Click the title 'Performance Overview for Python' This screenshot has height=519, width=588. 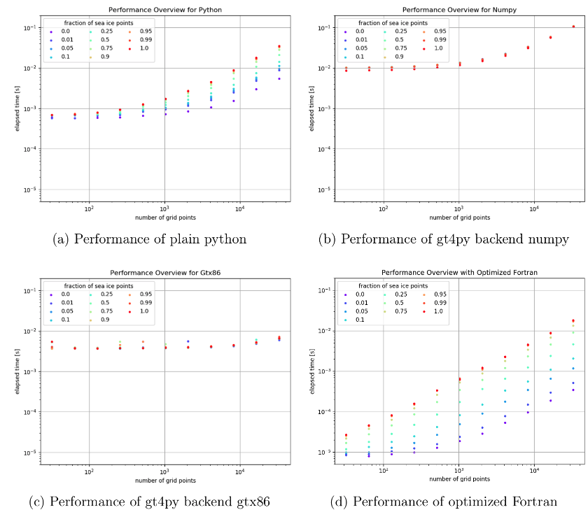tap(148, 10)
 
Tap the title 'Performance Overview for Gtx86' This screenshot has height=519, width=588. tap(148, 272)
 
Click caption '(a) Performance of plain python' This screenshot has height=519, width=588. tap(150, 239)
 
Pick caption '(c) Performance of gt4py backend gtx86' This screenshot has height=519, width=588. tap(150, 501)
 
